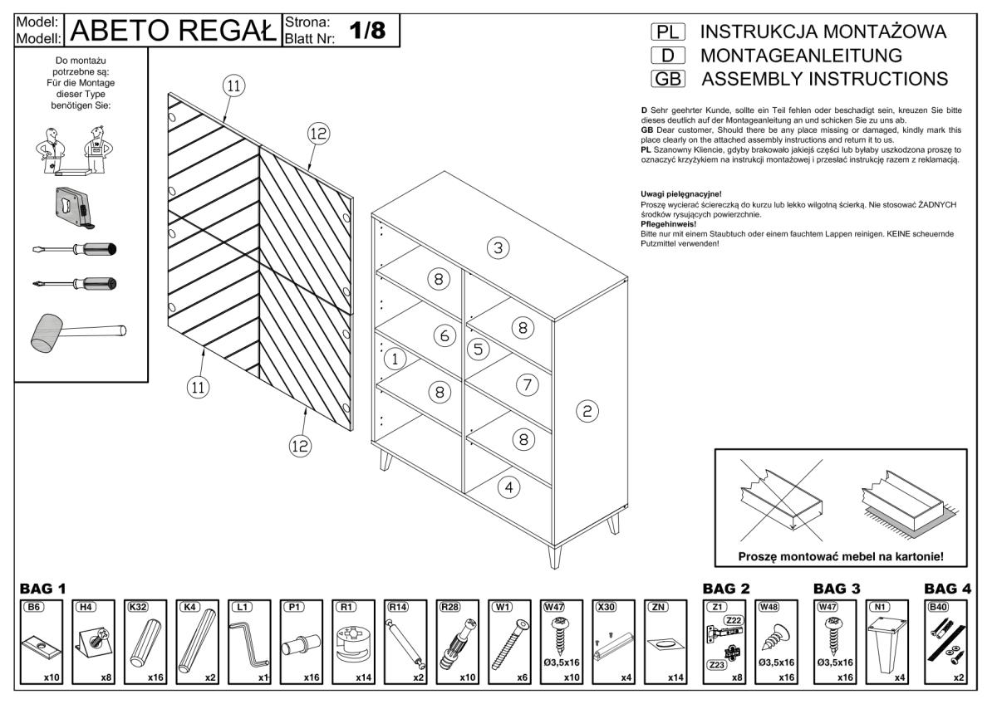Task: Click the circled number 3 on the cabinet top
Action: pyautogui.click(x=497, y=247)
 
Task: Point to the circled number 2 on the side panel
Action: pyautogui.click(x=587, y=410)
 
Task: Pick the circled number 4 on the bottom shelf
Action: pyautogui.click(x=508, y=487)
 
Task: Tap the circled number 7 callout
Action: pyautogui.click(x=523, y=384)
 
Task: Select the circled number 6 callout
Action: pyautogui.click(x=444, y=335)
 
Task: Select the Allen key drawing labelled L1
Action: pyautogui.click(x=249, y=644)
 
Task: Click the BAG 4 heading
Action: pyautogui.click(x=947, y=589)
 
